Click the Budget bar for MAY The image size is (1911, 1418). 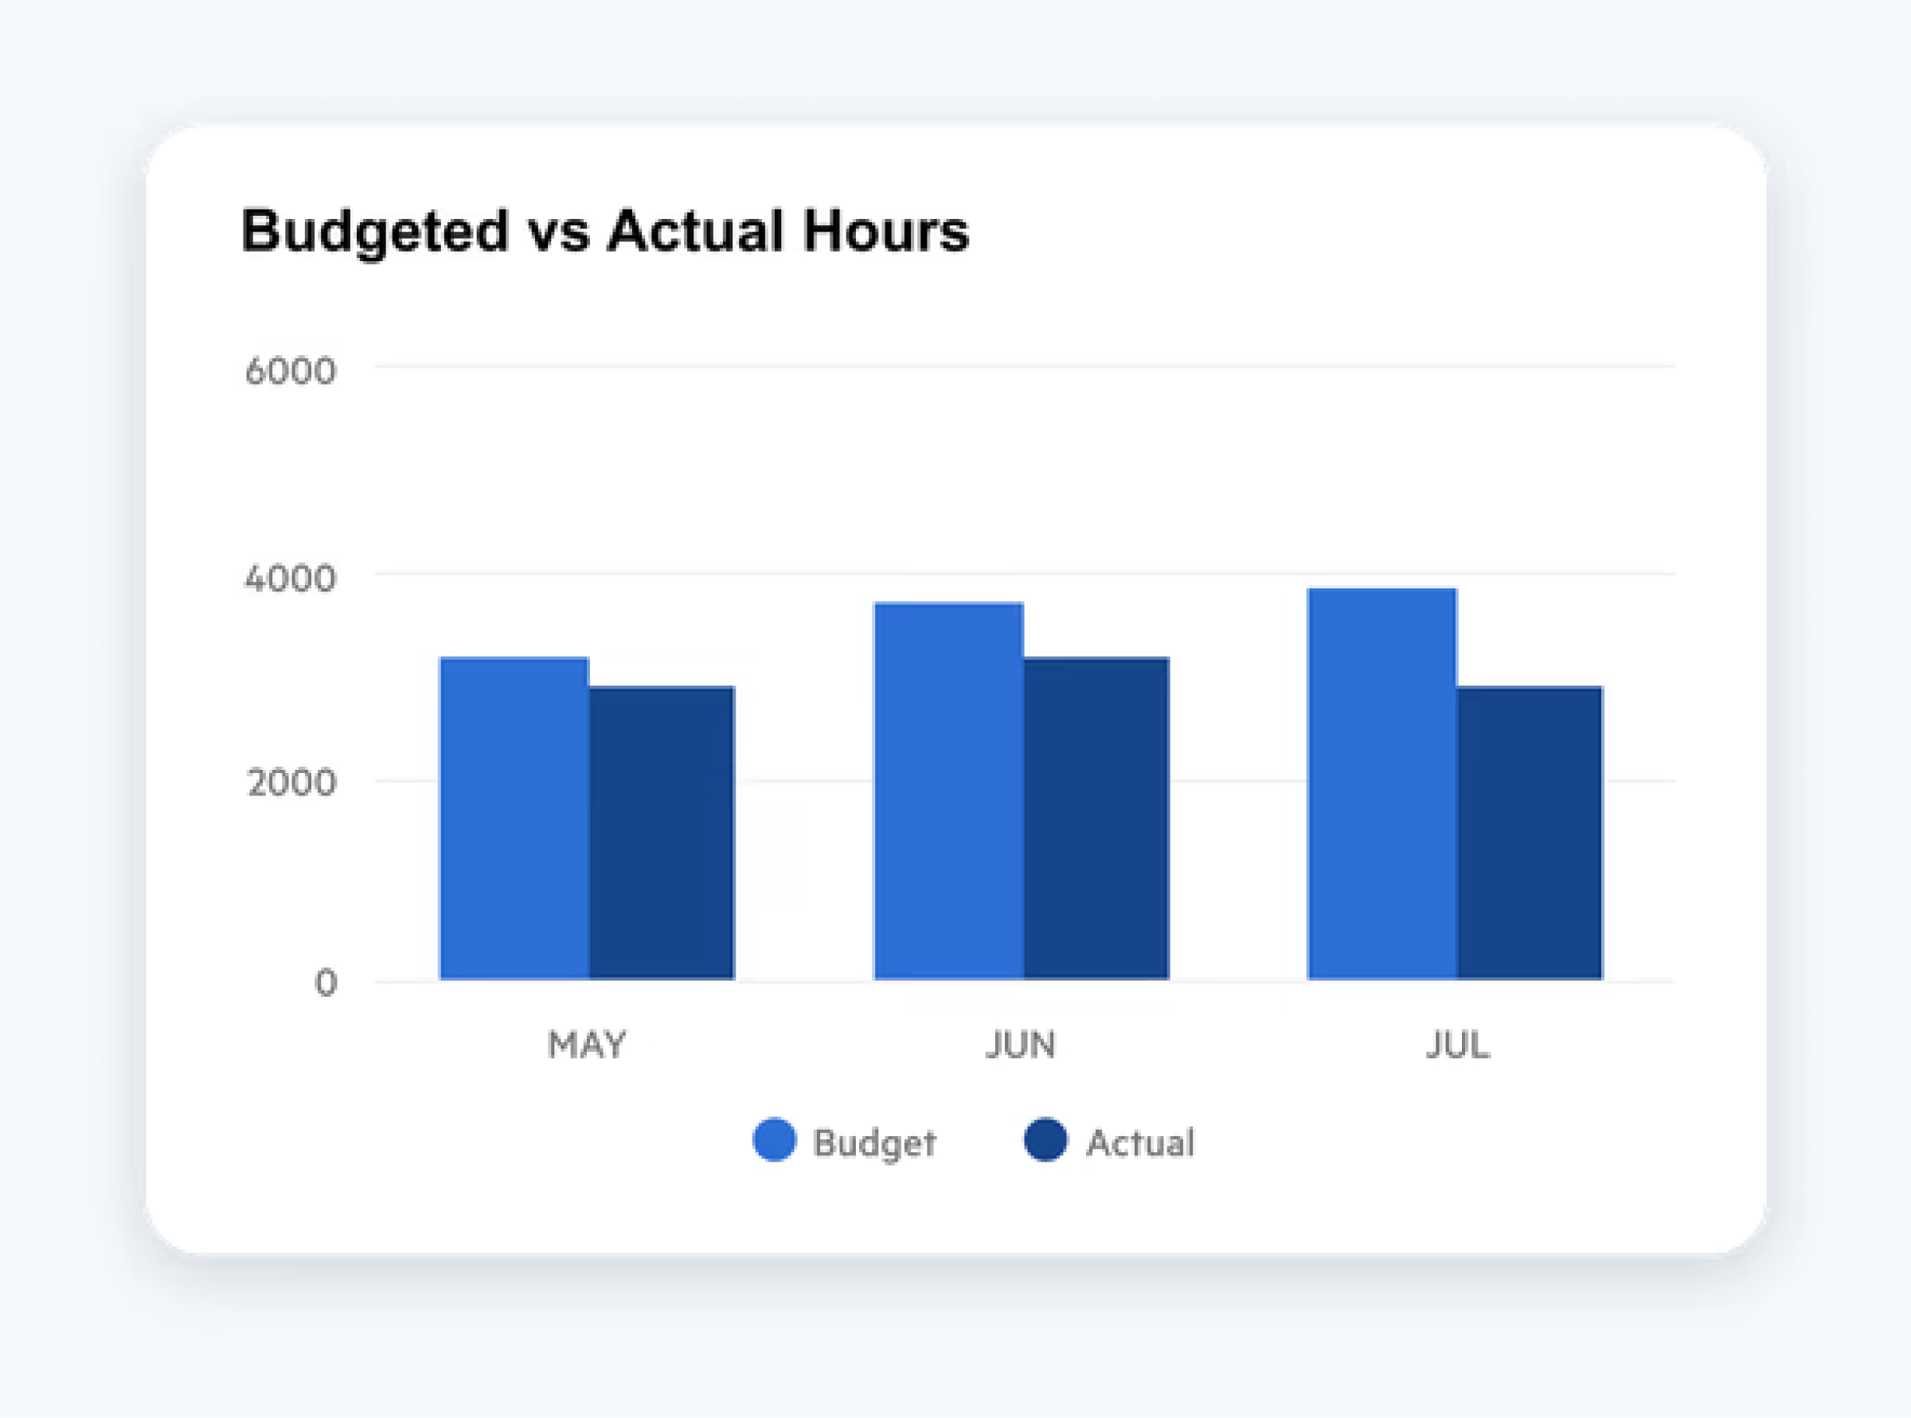coord(514,818)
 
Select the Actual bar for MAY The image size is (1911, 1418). coord(662,833)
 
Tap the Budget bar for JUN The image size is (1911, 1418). coord(948,791)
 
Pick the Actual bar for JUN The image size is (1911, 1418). coord(1096,818)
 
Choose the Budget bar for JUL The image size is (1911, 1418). coord(1382,783)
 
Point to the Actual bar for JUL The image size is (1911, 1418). coord(1530,833)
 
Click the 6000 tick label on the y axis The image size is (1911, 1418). coord(290,372)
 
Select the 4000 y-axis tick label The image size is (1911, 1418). coord(290,579)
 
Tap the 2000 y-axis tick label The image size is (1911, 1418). coord(291,783)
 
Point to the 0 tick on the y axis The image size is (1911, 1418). coord(326,982)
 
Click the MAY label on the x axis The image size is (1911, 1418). coord(587,1045)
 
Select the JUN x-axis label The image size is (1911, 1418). coord(1021,1045)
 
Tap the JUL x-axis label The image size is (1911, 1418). coord(1458,1045)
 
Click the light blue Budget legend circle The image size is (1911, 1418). coord(775,1140)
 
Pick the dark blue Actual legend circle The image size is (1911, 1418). coord(1045,1140)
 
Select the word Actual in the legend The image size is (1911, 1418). coord(1140,1143)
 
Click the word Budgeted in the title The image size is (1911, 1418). coord(375,232)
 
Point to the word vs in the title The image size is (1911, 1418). coord(558,236)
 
